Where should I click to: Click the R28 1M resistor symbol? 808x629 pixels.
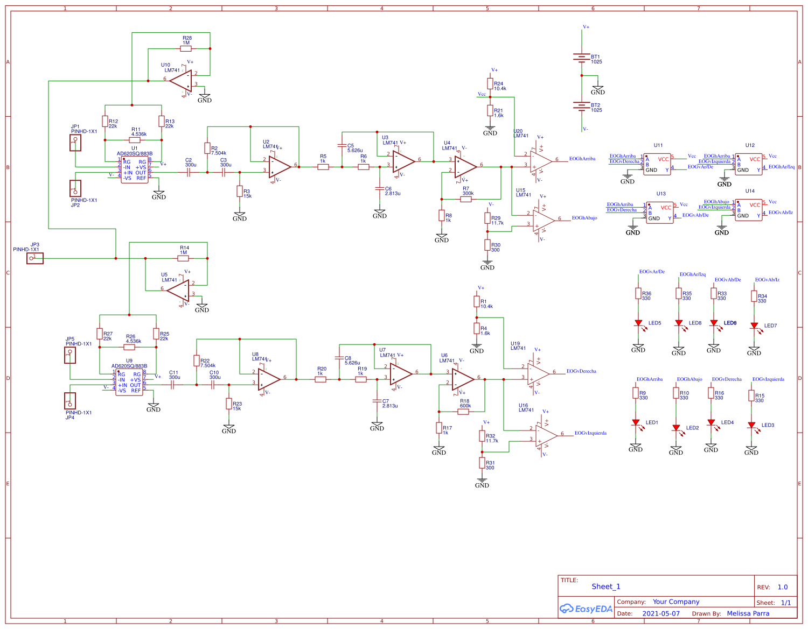186,48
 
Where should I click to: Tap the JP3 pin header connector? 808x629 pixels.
35,259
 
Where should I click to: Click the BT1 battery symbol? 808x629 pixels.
582,58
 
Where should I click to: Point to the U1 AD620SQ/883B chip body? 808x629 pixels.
134,170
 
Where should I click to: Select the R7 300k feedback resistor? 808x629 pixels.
466,199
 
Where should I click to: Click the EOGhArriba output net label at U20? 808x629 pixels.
582,159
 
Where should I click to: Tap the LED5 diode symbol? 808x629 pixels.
638,323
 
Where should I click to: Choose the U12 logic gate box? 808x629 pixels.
749,164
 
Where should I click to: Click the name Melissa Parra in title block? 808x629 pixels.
748,613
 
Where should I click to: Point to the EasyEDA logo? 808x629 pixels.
586,609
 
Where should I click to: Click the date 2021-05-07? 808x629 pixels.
661,613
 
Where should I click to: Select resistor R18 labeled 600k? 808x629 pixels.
464,412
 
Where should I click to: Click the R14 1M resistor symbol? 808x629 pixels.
183,258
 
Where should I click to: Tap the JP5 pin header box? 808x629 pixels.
70,356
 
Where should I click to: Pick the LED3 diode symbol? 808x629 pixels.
751,425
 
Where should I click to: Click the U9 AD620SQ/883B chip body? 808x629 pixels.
129,383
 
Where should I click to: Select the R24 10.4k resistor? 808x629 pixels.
490,83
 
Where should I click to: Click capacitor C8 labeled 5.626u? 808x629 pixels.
339,357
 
